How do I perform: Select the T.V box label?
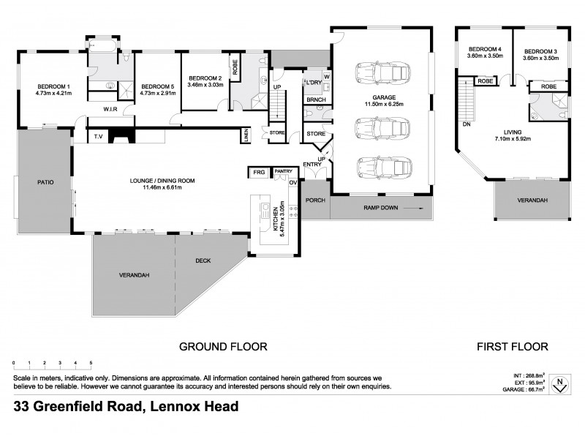pyautogui.click(x=97, y=136)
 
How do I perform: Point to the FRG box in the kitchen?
pyautogui.click(x=258, y=172)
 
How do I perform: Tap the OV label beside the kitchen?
pyautogui.click(x=293, y=182)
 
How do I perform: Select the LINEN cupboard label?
pyautogui.click(x=248, y=135)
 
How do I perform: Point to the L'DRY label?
pyautogui.click(x=314, y=81)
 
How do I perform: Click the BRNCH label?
pyautogui.click(x=316, y=99)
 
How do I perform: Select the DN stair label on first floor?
pyautogui.click(x=467, y=124)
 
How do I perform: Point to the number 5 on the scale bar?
pyautogui.click(x=91, y=363)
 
